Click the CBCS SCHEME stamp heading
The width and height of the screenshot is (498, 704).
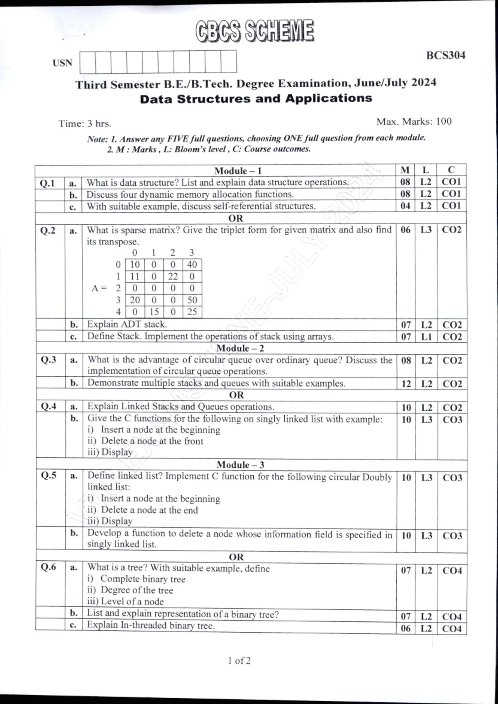(255, 31)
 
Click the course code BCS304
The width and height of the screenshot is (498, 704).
(445, 56)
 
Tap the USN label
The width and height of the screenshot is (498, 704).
(62, 63)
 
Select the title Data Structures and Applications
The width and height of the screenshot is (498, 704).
(256, 99)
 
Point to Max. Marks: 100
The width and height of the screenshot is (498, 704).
(413, 122)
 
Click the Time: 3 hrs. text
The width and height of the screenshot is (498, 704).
(85, 124)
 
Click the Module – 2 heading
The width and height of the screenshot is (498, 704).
(240, 348)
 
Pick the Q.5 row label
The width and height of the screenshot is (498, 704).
(49, 476)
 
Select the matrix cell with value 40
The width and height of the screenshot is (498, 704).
(192, 265)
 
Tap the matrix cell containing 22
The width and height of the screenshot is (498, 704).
(173, 277)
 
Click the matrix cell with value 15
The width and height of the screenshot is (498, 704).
(154, 312)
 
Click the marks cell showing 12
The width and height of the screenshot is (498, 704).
(406, 384)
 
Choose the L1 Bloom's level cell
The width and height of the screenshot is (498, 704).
(426, 337)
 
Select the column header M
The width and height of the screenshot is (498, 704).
(405, 170)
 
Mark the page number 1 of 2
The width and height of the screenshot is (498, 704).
(239, 660)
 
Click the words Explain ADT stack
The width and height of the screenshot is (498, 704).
(127, 324)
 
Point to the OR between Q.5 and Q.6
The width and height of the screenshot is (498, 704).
(236, 557)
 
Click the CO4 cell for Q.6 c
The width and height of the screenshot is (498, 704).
(452, 629)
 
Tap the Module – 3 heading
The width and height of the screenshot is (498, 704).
(240, 465)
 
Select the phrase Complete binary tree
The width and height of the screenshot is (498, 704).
(142, 579)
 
